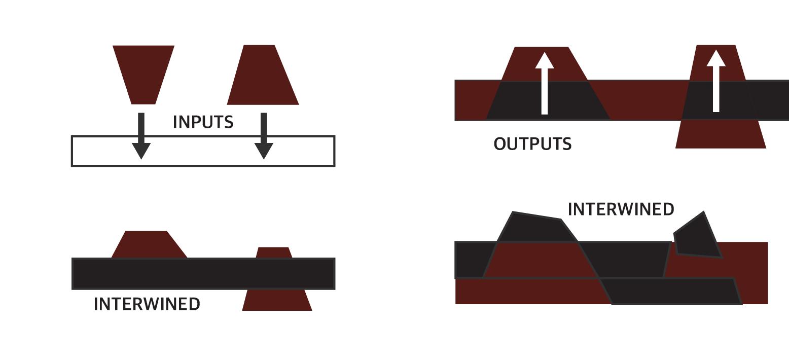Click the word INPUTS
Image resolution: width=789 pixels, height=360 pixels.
pyautogui.click(x=203, y=122)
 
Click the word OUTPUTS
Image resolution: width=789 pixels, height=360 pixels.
pyautogui.click(x=532, y=144)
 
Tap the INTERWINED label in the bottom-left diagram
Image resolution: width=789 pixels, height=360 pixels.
pyautogui.click(x=147, y=304)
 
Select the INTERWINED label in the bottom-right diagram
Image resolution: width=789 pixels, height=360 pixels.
pyautogui.click(x=621, y=209)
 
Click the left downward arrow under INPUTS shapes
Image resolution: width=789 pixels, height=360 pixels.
pyautogui.click(x=141, y=137)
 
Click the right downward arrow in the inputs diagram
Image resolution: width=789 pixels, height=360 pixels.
pyautogui.click(x=264, y=137)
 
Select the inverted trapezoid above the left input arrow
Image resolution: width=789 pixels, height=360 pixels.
pyautogui.click(x=144, y=71)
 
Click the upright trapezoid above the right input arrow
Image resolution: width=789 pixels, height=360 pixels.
pyautogui.click(x=262, y=76)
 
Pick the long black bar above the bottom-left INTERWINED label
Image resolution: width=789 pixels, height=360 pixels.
pyautogui.click(x=203, y=274)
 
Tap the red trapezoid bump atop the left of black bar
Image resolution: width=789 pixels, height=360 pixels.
pyautogui.click(x=148, y=245)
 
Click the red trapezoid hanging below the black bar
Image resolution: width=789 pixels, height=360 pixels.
pyautogui.click(x=277, y=300)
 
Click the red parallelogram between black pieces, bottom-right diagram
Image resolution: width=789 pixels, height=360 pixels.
pyautogui.click(x=540, y=260)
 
